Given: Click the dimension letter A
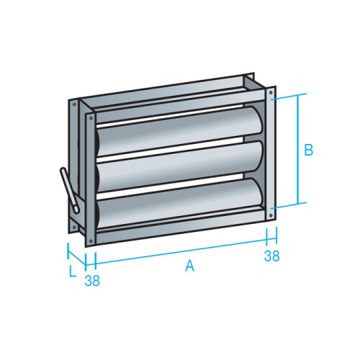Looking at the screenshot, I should pos(190,266).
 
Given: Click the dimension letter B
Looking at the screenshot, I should pos(308,150).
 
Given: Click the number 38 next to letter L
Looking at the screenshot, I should pos(92,281).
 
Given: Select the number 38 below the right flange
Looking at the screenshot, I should pos(271,256).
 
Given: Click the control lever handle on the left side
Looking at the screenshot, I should pos(68,189).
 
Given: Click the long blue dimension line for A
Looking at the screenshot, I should pos(180,248).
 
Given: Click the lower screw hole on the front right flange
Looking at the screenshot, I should pos(270,211).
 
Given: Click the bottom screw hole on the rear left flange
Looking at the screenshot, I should pos(73,224).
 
